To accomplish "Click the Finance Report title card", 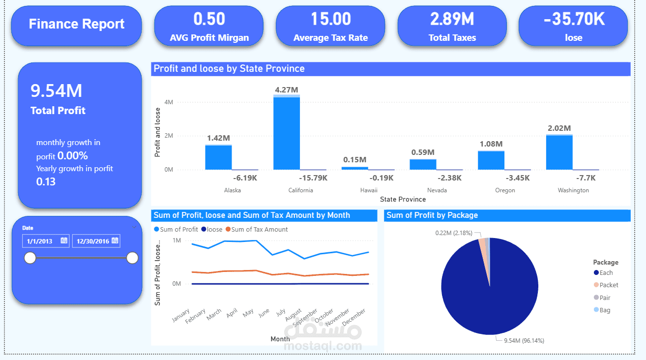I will click(x=77, y=24).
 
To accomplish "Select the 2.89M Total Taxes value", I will click(x=452, y=19).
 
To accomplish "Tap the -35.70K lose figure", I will click(x=573, y=19).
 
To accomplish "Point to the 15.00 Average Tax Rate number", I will click(x=330, y=19).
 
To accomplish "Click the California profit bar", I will click(x=287, y=133).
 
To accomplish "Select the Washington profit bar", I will click(x=559, y=152).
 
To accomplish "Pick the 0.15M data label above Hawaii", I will click(x=355, y=160).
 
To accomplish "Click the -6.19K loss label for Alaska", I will click(x=245, y=178).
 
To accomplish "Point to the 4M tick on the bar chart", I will click(x=169, y=102).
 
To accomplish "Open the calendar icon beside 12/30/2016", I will click(x=115, y=240).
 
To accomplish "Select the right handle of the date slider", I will click(x=132, y=258).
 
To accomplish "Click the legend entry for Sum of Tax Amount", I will click(x=259, y=229).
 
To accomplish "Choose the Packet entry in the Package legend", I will click(x=609, y=285).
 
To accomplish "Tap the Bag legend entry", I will click(x=605, y=310).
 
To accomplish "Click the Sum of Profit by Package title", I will click(x=432, y=215).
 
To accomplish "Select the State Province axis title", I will click(x=403, y=199).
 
